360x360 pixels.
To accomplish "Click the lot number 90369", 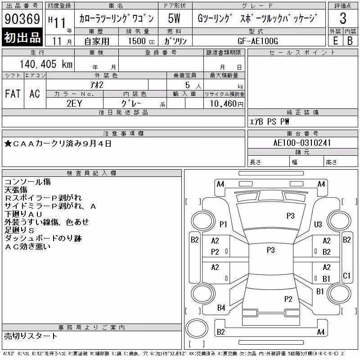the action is tap(22, 19).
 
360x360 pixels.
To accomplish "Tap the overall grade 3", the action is tap(343, 18).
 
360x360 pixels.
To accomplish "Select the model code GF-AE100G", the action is tap(258, 41).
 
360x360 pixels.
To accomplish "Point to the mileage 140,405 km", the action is tap(46, 64).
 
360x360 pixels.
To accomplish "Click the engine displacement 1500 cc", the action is tap(141, 41).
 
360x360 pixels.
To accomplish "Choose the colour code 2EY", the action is tap(74, 103).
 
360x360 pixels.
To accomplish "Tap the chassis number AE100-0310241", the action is tap(302, 143).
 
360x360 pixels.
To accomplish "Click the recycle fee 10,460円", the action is tap(227, 104).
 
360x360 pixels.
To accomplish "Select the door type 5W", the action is tap(174, 18).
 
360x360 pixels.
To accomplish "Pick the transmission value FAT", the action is tap(13, 94).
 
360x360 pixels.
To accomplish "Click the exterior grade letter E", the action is tap(335, 41).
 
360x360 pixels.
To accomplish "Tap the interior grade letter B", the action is tap(350, 41).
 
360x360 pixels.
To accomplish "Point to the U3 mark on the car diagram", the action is tap(318, 224).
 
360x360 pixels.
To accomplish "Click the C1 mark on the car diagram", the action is tap(346, 275).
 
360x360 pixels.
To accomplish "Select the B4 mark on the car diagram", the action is tap(221, 308).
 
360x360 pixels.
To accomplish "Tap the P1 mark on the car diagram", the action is tap(223, 224).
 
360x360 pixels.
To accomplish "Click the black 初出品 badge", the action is tap(22, 37).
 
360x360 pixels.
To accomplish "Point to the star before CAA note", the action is tap(8, 144).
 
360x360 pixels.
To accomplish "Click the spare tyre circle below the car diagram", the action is tap(197, 328).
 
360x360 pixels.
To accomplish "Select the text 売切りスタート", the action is tap(31, 336).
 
